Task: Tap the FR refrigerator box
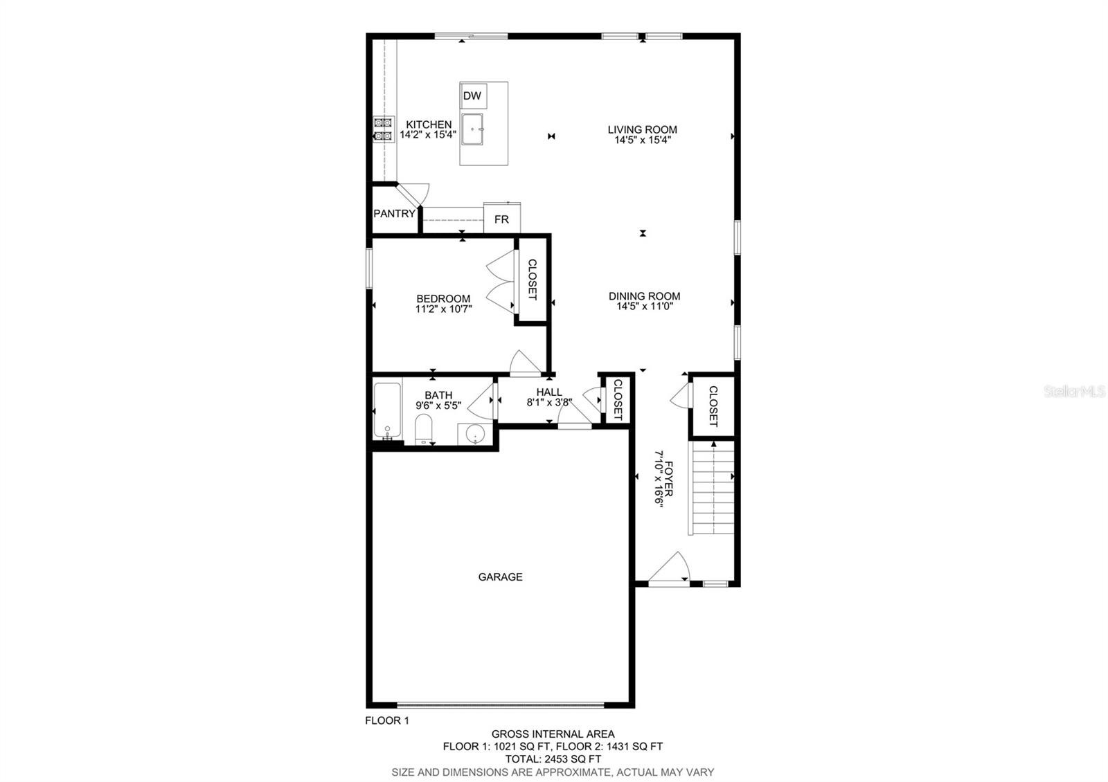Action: [501, 218]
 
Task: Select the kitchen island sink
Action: [472, 129]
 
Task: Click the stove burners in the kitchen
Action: [384, 129]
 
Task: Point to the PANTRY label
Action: [394, 214]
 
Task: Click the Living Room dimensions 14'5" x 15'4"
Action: [643, 140]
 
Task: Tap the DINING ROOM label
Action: [644, 296]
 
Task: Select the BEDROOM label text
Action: [443, 298]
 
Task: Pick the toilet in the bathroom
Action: [423, 428]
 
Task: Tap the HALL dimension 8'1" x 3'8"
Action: [550, 402]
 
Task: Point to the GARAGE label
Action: [500, 577]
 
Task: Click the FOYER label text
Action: [669, 479]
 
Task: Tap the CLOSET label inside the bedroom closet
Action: [533, 280]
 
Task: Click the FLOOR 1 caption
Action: [387, 720]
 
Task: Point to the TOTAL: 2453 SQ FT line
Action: [553, 759]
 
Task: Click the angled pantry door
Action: [409, 195]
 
